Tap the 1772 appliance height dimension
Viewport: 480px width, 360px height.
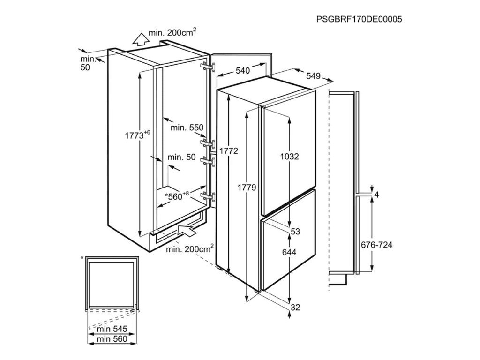[229, 151]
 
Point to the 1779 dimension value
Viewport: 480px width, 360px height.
[247, 187]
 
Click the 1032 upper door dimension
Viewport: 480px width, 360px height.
[290, 157]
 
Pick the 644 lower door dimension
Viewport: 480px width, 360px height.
[290, 252]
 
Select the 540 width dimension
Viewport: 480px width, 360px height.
[242, 71]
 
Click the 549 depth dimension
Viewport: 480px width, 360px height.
[313, 76]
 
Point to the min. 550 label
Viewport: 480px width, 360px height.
[187, 127]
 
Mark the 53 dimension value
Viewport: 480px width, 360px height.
[295, 232]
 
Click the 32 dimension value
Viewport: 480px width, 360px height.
[295, 307]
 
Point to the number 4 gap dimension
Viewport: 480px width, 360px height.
[376, 194]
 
